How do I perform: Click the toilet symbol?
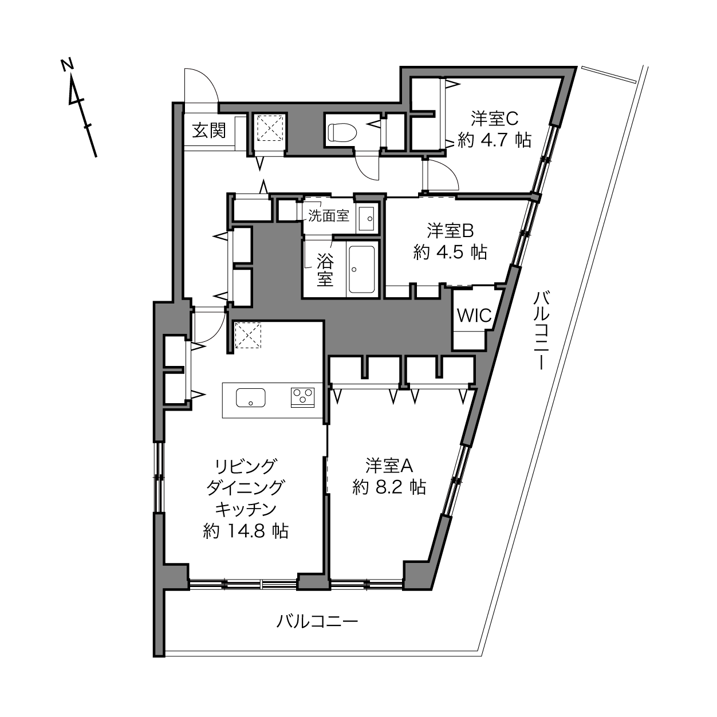click(x=342, y=132)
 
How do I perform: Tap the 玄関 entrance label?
click(x=208, y=131)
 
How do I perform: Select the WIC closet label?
click(x=474, y=316)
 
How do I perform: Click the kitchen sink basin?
click(x=251, y=398)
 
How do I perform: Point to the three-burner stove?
click(x=302, y=397)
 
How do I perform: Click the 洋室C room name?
click(x=494, y=119)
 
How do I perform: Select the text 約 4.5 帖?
click(x=450, y=253)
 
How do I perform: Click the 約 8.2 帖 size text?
click(x=389, y=487)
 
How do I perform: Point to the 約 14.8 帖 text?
click(x=246, y=531)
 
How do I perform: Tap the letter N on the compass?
click(x=68, y=65)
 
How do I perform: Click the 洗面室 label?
click(x=329, y=216)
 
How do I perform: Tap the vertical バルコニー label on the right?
click(x=541, y=330)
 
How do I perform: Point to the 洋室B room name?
click(x=450, y=231)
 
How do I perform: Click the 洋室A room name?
click(x=389, y=466)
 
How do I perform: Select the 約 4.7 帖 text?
click(x=494, y=140)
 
